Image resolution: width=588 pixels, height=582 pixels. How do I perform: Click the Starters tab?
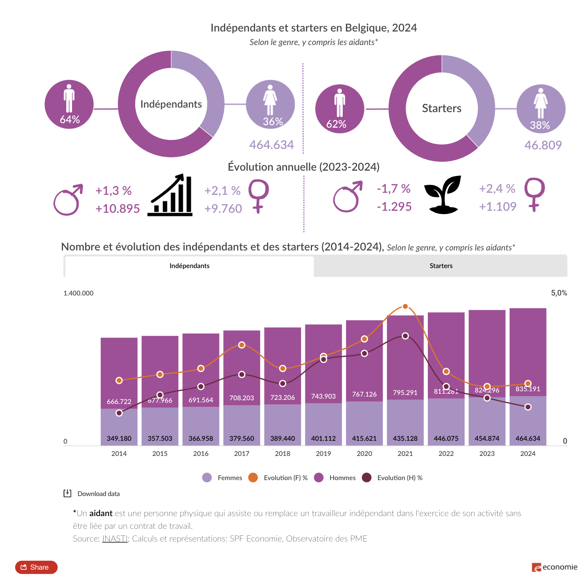[441, 266]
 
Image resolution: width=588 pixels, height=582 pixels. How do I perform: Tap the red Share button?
[36, 567]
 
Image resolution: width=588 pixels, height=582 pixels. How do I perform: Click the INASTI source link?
[115, 539]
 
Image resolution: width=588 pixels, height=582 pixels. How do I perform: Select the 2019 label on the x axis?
[323, 453]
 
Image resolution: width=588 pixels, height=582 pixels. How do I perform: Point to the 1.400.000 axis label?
[78, 293]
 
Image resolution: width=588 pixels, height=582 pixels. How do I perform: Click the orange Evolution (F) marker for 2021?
[405, 307]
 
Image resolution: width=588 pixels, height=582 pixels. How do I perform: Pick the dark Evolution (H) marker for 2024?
[528, 407]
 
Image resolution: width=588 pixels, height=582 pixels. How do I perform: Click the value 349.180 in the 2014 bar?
[119, 438]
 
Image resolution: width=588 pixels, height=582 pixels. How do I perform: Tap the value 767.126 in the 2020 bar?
[364, 394]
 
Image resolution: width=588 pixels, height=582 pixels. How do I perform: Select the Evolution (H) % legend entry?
[393, 478]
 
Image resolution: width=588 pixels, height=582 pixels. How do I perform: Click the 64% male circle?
[69, 104]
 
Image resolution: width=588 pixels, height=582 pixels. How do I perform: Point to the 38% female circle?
[541, 109]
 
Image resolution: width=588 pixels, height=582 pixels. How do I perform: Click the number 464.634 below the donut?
[271, 145]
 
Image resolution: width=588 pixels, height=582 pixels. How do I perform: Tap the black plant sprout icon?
[443, 195]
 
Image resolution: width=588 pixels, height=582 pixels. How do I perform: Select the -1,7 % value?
[394, 189]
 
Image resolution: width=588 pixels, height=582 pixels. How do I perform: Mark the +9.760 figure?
[223, 209]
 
